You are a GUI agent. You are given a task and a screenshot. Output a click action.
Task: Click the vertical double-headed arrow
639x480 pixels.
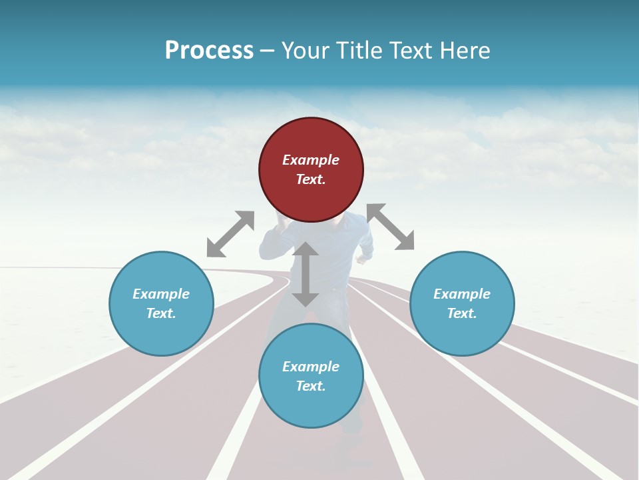point(306,274)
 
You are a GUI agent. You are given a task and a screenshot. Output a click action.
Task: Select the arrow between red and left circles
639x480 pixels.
point(230,234)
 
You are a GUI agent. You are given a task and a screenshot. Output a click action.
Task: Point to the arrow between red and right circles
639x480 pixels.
point(391,227)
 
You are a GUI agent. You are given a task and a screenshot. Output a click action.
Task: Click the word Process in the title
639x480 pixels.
point(209,50)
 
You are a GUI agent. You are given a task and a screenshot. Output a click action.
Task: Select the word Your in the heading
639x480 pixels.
point(304,50)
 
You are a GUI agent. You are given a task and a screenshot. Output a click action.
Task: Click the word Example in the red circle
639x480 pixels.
point(311,160)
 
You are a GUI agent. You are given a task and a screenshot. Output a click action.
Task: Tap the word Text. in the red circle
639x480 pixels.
point(311,179)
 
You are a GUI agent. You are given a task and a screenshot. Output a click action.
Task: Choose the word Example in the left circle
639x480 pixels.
point(161,294)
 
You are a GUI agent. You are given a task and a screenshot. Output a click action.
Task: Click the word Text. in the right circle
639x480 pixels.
point(462,313)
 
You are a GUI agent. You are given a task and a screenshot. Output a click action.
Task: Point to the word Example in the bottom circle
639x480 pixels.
point(311,367)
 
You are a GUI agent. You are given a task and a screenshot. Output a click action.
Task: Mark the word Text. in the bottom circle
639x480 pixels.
point(311,386)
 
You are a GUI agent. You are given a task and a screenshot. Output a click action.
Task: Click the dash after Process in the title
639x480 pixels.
point(268,50)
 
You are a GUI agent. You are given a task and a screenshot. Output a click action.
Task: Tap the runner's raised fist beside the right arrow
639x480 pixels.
point(365,254)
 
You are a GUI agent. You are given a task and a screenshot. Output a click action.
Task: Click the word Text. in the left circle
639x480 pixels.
point(161,313)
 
